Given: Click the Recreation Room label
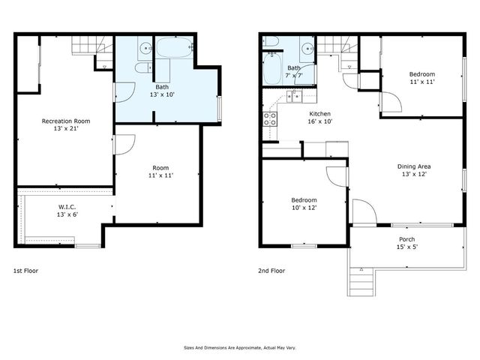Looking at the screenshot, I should pos(66,121).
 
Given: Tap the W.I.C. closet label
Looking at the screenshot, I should pos(67,207).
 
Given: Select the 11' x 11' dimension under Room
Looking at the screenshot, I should pos(161,175).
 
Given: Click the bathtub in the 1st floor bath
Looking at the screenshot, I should pos(174,49).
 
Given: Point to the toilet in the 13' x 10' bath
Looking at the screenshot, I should pos(142,68).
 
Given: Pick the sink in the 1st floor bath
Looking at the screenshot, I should pos(144,49).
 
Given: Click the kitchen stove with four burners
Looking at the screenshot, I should pos(269,118).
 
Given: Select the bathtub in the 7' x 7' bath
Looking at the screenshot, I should pos(272,72).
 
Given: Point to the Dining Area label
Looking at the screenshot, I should pos(413,166).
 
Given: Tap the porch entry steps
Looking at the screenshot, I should pos(361,280).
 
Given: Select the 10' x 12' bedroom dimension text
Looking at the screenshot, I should pos(304,208).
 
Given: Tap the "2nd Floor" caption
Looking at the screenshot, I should pos(272,270).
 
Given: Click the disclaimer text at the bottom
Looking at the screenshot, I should pos(239,347).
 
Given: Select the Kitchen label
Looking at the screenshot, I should pos(320,112).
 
